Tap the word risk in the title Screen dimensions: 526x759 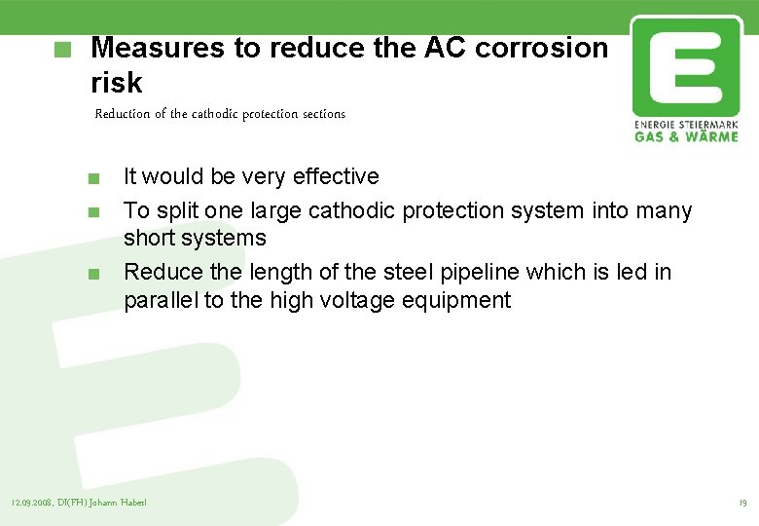pos(116,83)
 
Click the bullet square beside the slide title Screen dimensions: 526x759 pos(63,49)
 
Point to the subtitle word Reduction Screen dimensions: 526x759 pos(123,114)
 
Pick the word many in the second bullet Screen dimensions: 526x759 pos(662,210)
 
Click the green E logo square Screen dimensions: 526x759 pos(685,66)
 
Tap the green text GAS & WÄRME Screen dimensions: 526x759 pos(685,136)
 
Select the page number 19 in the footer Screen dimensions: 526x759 pos(741,504)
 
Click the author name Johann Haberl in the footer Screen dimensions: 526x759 pos(122,504)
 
